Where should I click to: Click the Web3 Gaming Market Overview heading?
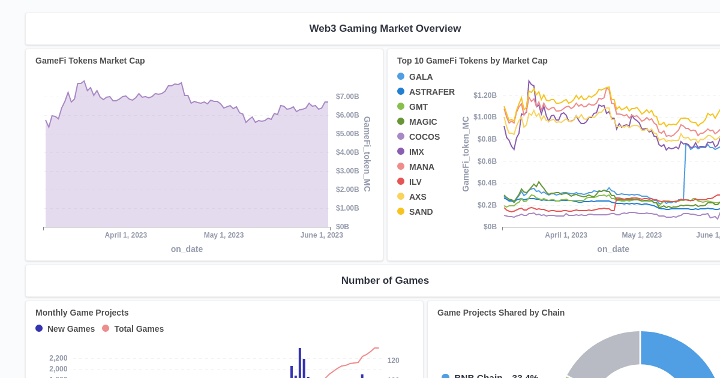385,29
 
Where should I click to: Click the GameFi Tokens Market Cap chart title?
90,61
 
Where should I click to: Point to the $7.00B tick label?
347,97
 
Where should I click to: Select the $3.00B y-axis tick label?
347,171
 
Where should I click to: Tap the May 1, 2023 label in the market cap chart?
223,235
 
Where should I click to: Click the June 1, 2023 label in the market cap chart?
322,235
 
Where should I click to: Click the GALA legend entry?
420,77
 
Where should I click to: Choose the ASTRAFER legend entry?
431,92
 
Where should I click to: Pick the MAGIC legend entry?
422,122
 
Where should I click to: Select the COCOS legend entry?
424,137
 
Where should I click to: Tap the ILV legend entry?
415,182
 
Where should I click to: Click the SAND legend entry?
420,212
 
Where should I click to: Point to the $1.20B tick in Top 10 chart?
485,95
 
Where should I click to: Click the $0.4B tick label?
487,183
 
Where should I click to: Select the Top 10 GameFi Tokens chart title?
472,61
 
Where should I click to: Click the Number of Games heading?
385,281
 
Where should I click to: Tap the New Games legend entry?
70,329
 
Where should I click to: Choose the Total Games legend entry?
138,329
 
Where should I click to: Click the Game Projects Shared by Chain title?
500,313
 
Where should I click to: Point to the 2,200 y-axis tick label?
58,358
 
